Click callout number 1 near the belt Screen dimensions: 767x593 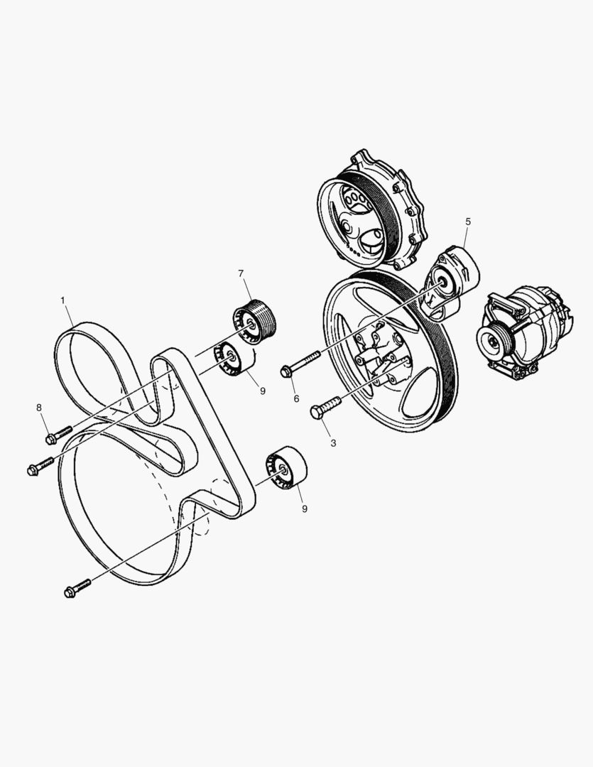click(62, 300)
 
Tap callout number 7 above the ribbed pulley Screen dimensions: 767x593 click(241, 273)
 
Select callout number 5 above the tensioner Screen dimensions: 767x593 click(468, 222)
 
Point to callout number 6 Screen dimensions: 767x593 click(297, 398)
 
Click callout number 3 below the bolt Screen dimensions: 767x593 click(333, 442)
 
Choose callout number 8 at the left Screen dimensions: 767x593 click(39, 407)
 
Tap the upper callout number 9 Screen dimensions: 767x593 click(262, 390)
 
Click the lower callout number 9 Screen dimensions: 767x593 click(304, 508)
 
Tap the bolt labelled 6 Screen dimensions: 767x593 click(302, 361)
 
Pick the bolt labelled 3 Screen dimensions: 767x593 click(326, 408)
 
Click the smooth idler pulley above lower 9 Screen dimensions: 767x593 click(285, 469)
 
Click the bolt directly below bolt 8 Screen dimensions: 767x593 click(41, 466)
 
